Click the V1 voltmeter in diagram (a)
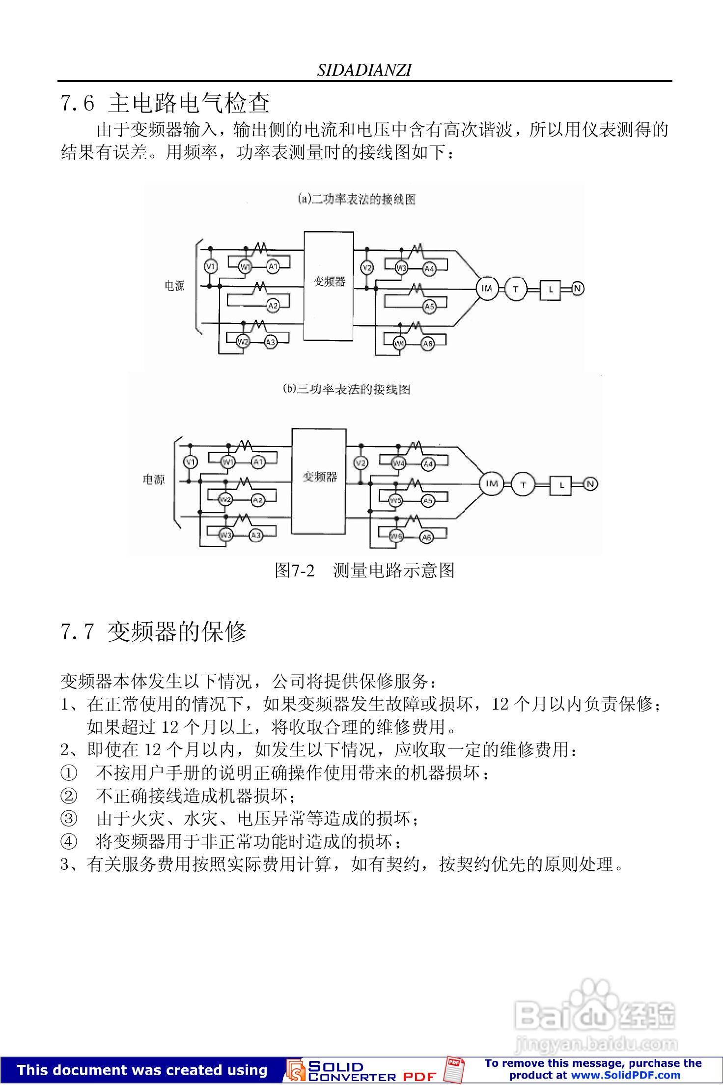tap(211, 266)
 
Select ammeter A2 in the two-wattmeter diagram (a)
tap(273, 306)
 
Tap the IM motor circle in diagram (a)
tap(487, 288)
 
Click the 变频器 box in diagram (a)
tap(329, 286)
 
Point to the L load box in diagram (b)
tap(562, 485)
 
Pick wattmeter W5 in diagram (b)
tap(396, 500)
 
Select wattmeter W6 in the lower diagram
tap(396, 537)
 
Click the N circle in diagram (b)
tap(590, 484)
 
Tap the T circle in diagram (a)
tap(515, 289)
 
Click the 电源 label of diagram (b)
tap(154, 479)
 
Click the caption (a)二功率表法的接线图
tap(357, 200)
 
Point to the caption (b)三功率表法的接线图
tap(346, 389)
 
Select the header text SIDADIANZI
tap(364, 71)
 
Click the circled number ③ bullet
tap(68, 819)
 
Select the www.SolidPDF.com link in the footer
tap(626, 1075)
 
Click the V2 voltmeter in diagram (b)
tap(361, 463)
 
